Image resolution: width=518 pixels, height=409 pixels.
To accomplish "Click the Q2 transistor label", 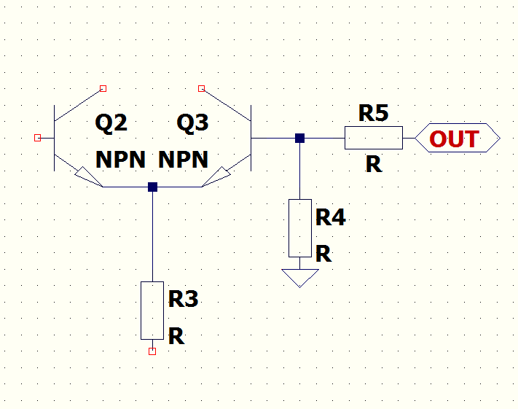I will pyautogui.click(x=111, y=123).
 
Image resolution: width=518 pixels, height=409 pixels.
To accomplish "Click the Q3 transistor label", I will pyautogui.click(x=192, y=123).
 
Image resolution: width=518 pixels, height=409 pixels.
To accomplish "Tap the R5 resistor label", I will pyautogui.click(x=373, y=113).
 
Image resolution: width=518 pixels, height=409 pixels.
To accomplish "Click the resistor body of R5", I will pyautogui.click(x=373, y=137).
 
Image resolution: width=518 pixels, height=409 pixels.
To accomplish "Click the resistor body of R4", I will pyautogui.click(x=299, y=227).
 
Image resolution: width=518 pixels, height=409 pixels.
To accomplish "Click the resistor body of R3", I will pyautogui.click(x=152, y=310).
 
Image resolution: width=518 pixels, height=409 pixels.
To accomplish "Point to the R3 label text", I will pyautogui.click(x=183, y=299).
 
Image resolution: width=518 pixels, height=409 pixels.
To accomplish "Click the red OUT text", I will pyautogui.click(x=454, y=139).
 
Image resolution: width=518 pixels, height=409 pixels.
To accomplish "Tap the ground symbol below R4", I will pyautogui.click(x=299, y=277).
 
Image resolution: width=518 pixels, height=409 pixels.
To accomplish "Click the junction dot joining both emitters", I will pyautogui.click(x=152, y=187).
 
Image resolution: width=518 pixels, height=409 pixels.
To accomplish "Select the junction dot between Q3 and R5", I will pyautogui.click(x=299, y=137).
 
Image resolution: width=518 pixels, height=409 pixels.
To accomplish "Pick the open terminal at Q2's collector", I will pyautogui.click(x=103, y=88).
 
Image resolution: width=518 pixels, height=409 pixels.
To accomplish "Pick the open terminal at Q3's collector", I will pyautogui.click(x=202, y=88).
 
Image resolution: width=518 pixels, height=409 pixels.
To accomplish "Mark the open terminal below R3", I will pyautogui.click(x=152, y=351).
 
